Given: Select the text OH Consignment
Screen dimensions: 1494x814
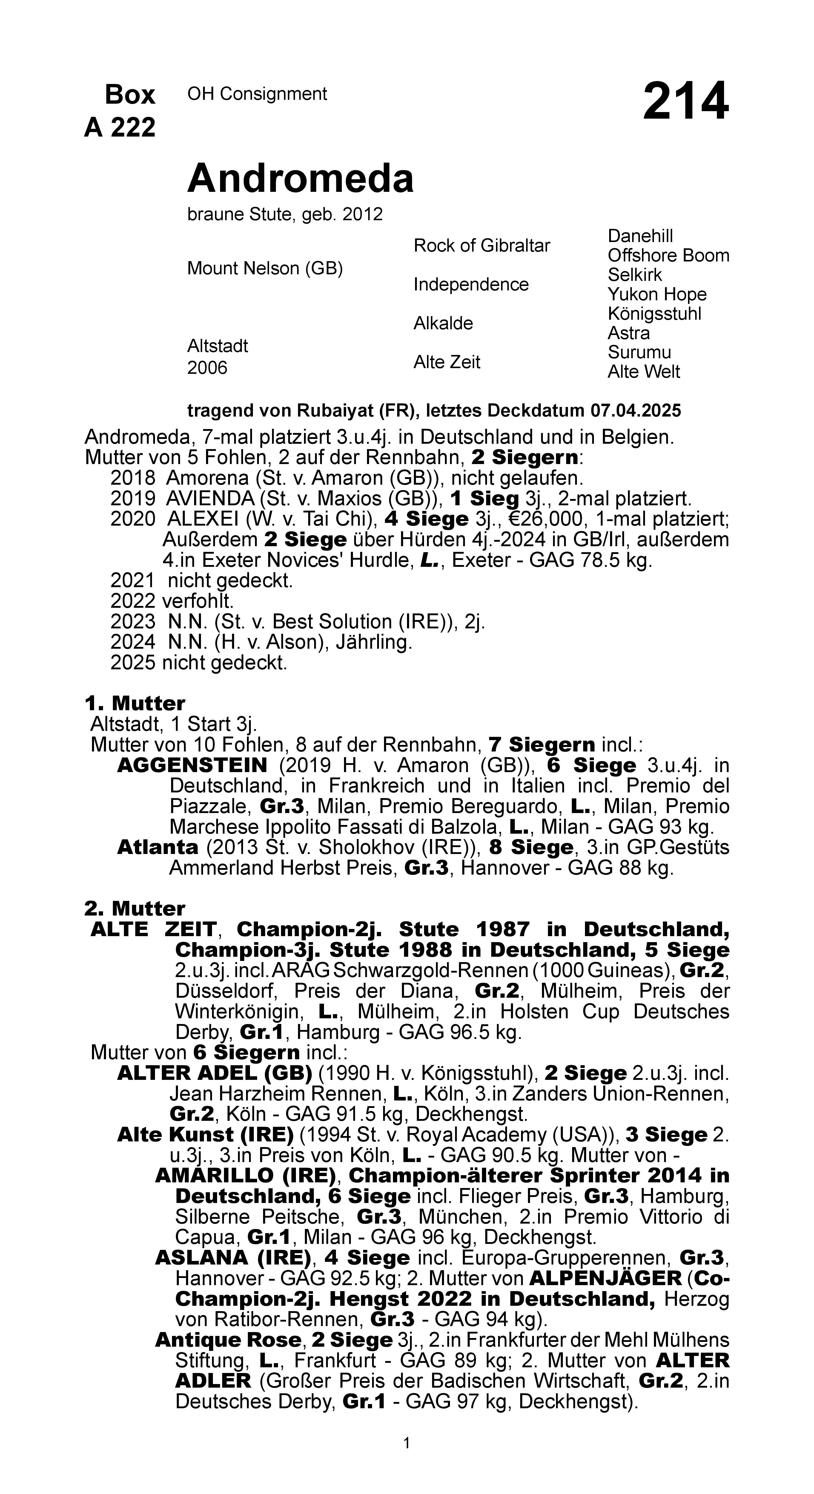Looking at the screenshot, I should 257,94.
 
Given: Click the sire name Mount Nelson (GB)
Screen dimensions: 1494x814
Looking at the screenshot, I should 264,269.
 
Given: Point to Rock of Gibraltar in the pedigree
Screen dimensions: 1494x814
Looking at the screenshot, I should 481,246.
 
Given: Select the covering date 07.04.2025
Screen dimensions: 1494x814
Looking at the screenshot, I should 635,411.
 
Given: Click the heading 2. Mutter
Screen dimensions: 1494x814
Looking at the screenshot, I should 134,908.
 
